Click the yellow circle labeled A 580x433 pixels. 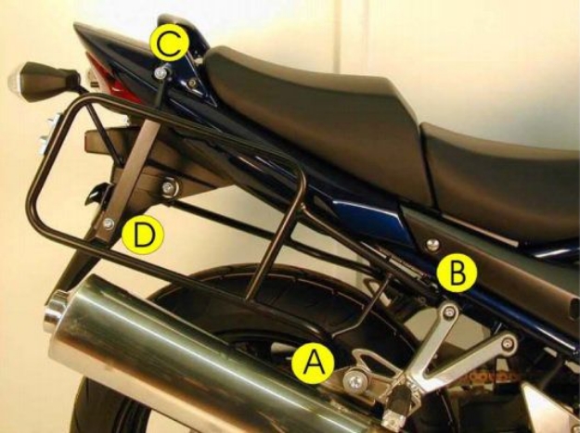pyautogui.click(x=313, y=363)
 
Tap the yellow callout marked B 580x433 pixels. pyautogui.click(x=458, y=272)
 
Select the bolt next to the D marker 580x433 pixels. pyautogui.click(x=110, y=223)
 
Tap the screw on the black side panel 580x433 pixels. pyautogui.click(x=432, y=244)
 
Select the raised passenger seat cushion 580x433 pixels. pyautogui.click(x=297, y=93)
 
